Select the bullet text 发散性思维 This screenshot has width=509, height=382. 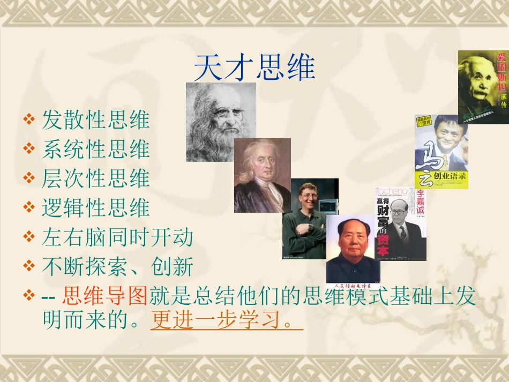pyautogui.click(x=96, y=120)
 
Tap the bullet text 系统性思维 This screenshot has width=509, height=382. pyautogui.click(x=96, y=149)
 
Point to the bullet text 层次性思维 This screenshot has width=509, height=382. pyautogui.click(x=96, y=179)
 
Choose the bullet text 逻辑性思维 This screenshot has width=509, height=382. pyautogui.click(x=96, y=208)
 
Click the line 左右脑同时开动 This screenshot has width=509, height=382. pyautogui.click(x=117, y=237)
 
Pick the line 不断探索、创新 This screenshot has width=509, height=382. pyautogui.click(x=117, y=266)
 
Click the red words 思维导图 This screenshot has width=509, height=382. pyautogui.click(x=104, y=295)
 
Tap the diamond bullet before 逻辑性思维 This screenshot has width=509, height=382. pyautogui.click(x=29, y=207)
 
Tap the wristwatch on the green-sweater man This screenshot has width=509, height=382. pyautogui.click(x=310, y=227)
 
